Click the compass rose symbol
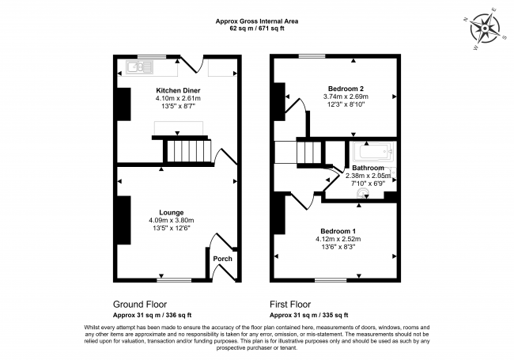coord(485,28)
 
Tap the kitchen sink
coord(139,67)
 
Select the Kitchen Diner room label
coord(178,90)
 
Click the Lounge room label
coord(172,213)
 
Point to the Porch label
coord(222,259)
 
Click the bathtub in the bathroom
coord(374,152)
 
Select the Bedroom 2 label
coord(346,89)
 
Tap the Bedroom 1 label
coord(338,231)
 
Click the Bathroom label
coord(368,168)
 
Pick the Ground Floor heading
coord(140,305)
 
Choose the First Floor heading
coord(290,305)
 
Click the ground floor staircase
coord(188,150)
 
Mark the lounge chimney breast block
coord(124,220)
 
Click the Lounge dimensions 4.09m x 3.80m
coord(172,220)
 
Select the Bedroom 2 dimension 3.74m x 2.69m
coord(346,97)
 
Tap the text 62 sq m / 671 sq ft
coord(257,28)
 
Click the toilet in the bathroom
coord(362,193)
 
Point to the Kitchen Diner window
coord(152,56)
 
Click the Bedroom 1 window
coord(331,280)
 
